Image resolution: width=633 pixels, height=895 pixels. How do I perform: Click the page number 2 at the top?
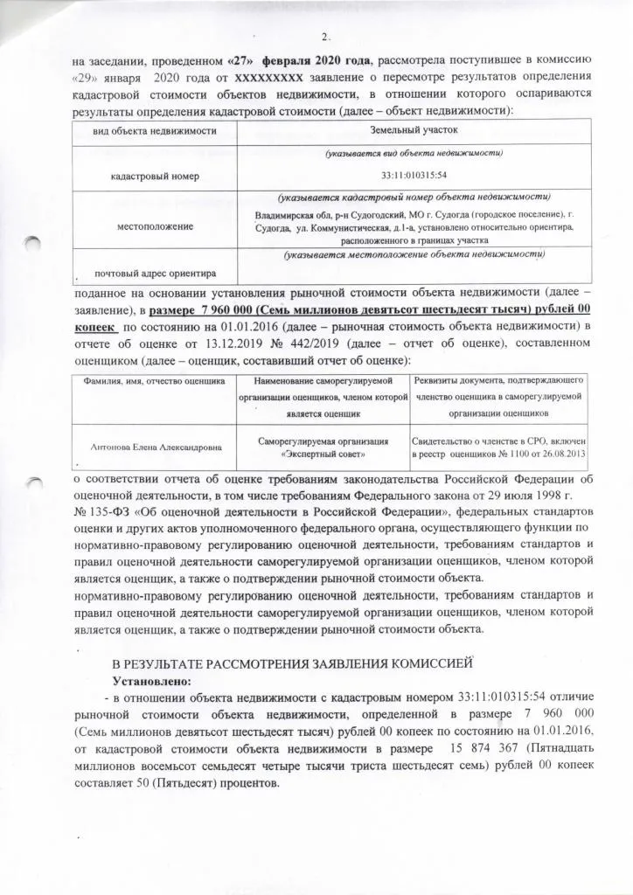pos(324,37)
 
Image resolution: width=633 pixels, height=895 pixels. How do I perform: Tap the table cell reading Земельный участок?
pos(414,130)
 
